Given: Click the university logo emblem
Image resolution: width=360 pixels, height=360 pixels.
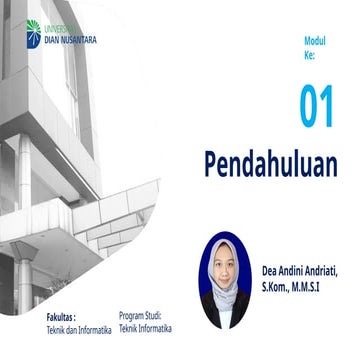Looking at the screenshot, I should click(x=34, y=32).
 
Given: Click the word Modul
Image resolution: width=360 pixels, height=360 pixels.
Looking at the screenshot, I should click(x=315, y=41).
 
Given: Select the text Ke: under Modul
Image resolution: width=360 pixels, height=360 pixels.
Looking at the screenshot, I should click(x=309, y=56).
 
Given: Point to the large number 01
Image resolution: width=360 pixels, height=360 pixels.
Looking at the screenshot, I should click(x=316, y=107).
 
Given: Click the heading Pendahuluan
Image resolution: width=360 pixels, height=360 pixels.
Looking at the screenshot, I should click(x=270, y=163).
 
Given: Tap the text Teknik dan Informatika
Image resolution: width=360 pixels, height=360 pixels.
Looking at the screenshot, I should click(x=79, y=329).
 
